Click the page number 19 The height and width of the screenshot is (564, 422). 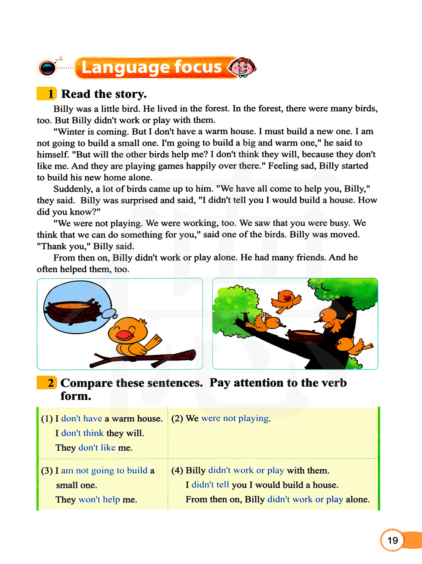point(392,540)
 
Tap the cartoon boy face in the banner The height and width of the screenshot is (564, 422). point(242,67)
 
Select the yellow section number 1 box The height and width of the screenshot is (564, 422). point(47,94)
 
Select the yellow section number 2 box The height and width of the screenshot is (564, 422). point(47,383)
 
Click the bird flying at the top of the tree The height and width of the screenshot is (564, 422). point(287,299)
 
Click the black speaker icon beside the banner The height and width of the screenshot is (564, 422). point(47,68)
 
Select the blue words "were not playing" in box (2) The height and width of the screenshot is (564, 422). point(235,418)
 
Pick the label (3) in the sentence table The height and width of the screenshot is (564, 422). point(47,471)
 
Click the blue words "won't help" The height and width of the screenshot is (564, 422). point(99,500)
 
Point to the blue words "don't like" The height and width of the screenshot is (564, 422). point(97,447)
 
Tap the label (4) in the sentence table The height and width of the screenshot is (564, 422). point(177,471)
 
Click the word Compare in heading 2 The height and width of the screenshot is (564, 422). point(87,383)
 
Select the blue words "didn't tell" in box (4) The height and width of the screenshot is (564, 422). point(210,485)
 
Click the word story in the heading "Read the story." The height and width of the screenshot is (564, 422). point(126,94)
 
